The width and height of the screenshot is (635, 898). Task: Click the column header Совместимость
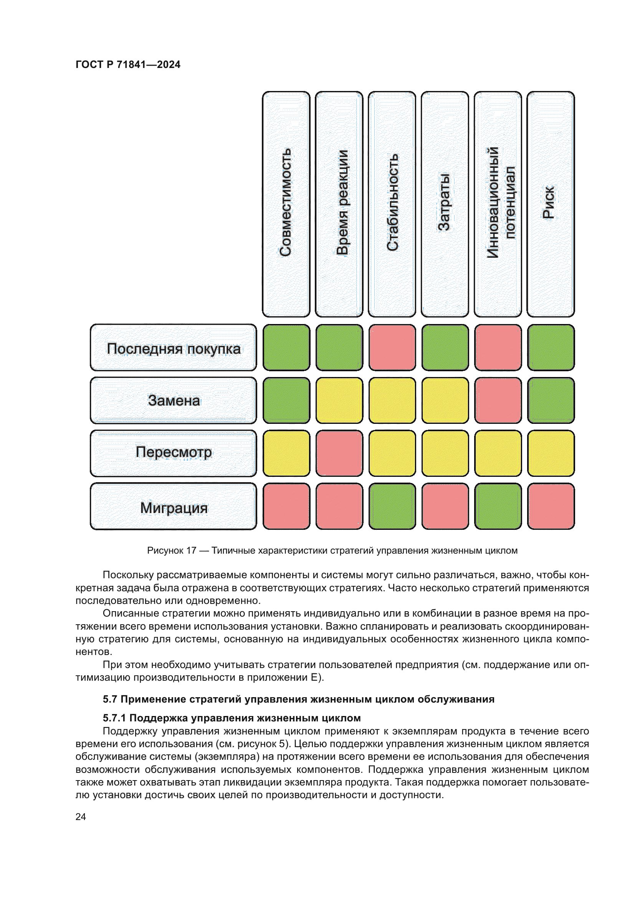[286, 204]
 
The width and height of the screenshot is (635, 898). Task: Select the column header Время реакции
[339, 204]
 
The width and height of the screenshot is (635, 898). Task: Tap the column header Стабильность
[392, 204]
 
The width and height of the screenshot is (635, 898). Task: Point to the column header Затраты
[445, 204]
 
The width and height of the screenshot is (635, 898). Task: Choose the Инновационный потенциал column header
[498, 204]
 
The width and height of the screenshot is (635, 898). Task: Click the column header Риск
[551, 204]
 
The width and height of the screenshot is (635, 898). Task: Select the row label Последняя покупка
[173, 347]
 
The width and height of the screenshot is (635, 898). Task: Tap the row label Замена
[173, 400]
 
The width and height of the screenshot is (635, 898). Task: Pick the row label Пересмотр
[173, 453]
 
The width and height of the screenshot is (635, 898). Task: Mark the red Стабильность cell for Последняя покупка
[392, 347]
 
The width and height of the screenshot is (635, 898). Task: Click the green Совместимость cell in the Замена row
[286, 400]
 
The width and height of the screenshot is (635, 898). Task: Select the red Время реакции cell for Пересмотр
[339, 453]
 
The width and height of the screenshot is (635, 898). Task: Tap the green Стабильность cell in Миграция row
[392, 506]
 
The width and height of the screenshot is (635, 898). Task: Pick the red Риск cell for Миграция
[551, 506]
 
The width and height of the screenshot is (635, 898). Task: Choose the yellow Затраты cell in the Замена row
[445, 400]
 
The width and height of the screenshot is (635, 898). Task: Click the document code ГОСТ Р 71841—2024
[128, 64]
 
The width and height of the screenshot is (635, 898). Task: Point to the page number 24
[81, 817]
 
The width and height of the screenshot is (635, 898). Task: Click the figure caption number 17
[191, 551]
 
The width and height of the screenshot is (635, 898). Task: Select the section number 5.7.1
[114, 718]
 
